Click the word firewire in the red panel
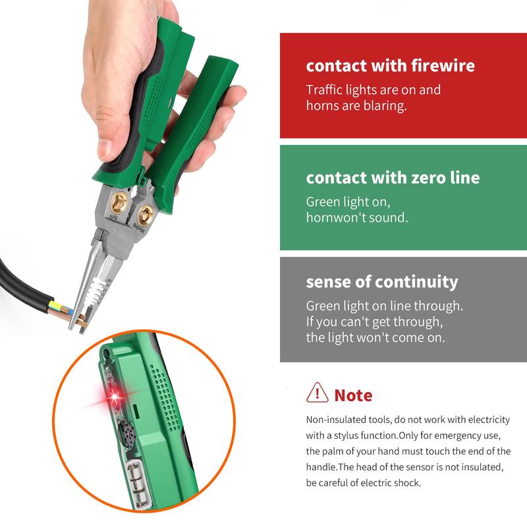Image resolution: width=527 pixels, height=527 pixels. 434,66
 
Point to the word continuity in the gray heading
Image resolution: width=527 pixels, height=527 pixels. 416,282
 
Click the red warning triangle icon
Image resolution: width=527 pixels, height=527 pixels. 318,393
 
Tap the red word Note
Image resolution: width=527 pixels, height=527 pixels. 353,395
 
